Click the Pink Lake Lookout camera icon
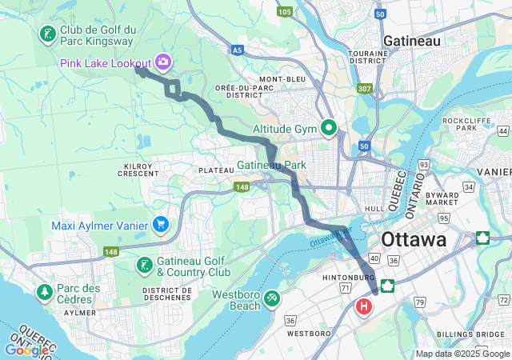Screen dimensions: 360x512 164,62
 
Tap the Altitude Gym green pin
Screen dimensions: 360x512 329,127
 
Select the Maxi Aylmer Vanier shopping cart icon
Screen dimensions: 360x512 161,225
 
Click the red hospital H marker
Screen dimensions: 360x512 365,306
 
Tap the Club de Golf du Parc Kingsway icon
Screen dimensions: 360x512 47,34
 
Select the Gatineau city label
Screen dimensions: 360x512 413,40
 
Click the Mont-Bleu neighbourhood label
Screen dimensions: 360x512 282,80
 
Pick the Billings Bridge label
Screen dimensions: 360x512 473,332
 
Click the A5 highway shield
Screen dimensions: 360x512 237,50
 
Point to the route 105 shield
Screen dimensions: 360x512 285,11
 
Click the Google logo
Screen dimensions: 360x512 27,350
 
